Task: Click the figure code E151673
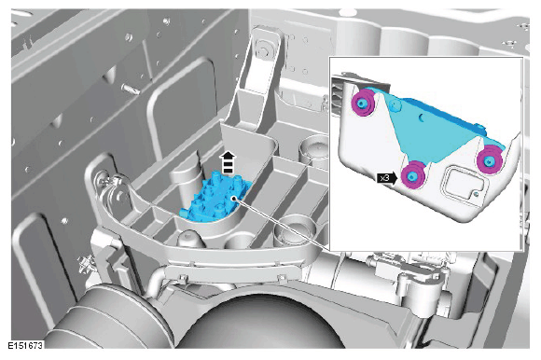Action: pyautogui.click(x=25, y=345)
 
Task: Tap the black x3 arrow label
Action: pyautogui.click(x=387, y=178)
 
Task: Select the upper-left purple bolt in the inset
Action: pyautogui.click(x=362, y=103)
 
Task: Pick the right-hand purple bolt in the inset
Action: pyautogui.click(x=489, y=160)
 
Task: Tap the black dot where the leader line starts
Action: pyautogui.click(x=234, y=199)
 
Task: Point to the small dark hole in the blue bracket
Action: pyautogui.click(x=422, y=118)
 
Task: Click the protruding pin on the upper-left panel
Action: pyautogui.click(x=131, y=89)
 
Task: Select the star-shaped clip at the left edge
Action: pyautogui.click(x=85, y=264)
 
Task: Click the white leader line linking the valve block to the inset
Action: pyautogui.click(x=282, y=224)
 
